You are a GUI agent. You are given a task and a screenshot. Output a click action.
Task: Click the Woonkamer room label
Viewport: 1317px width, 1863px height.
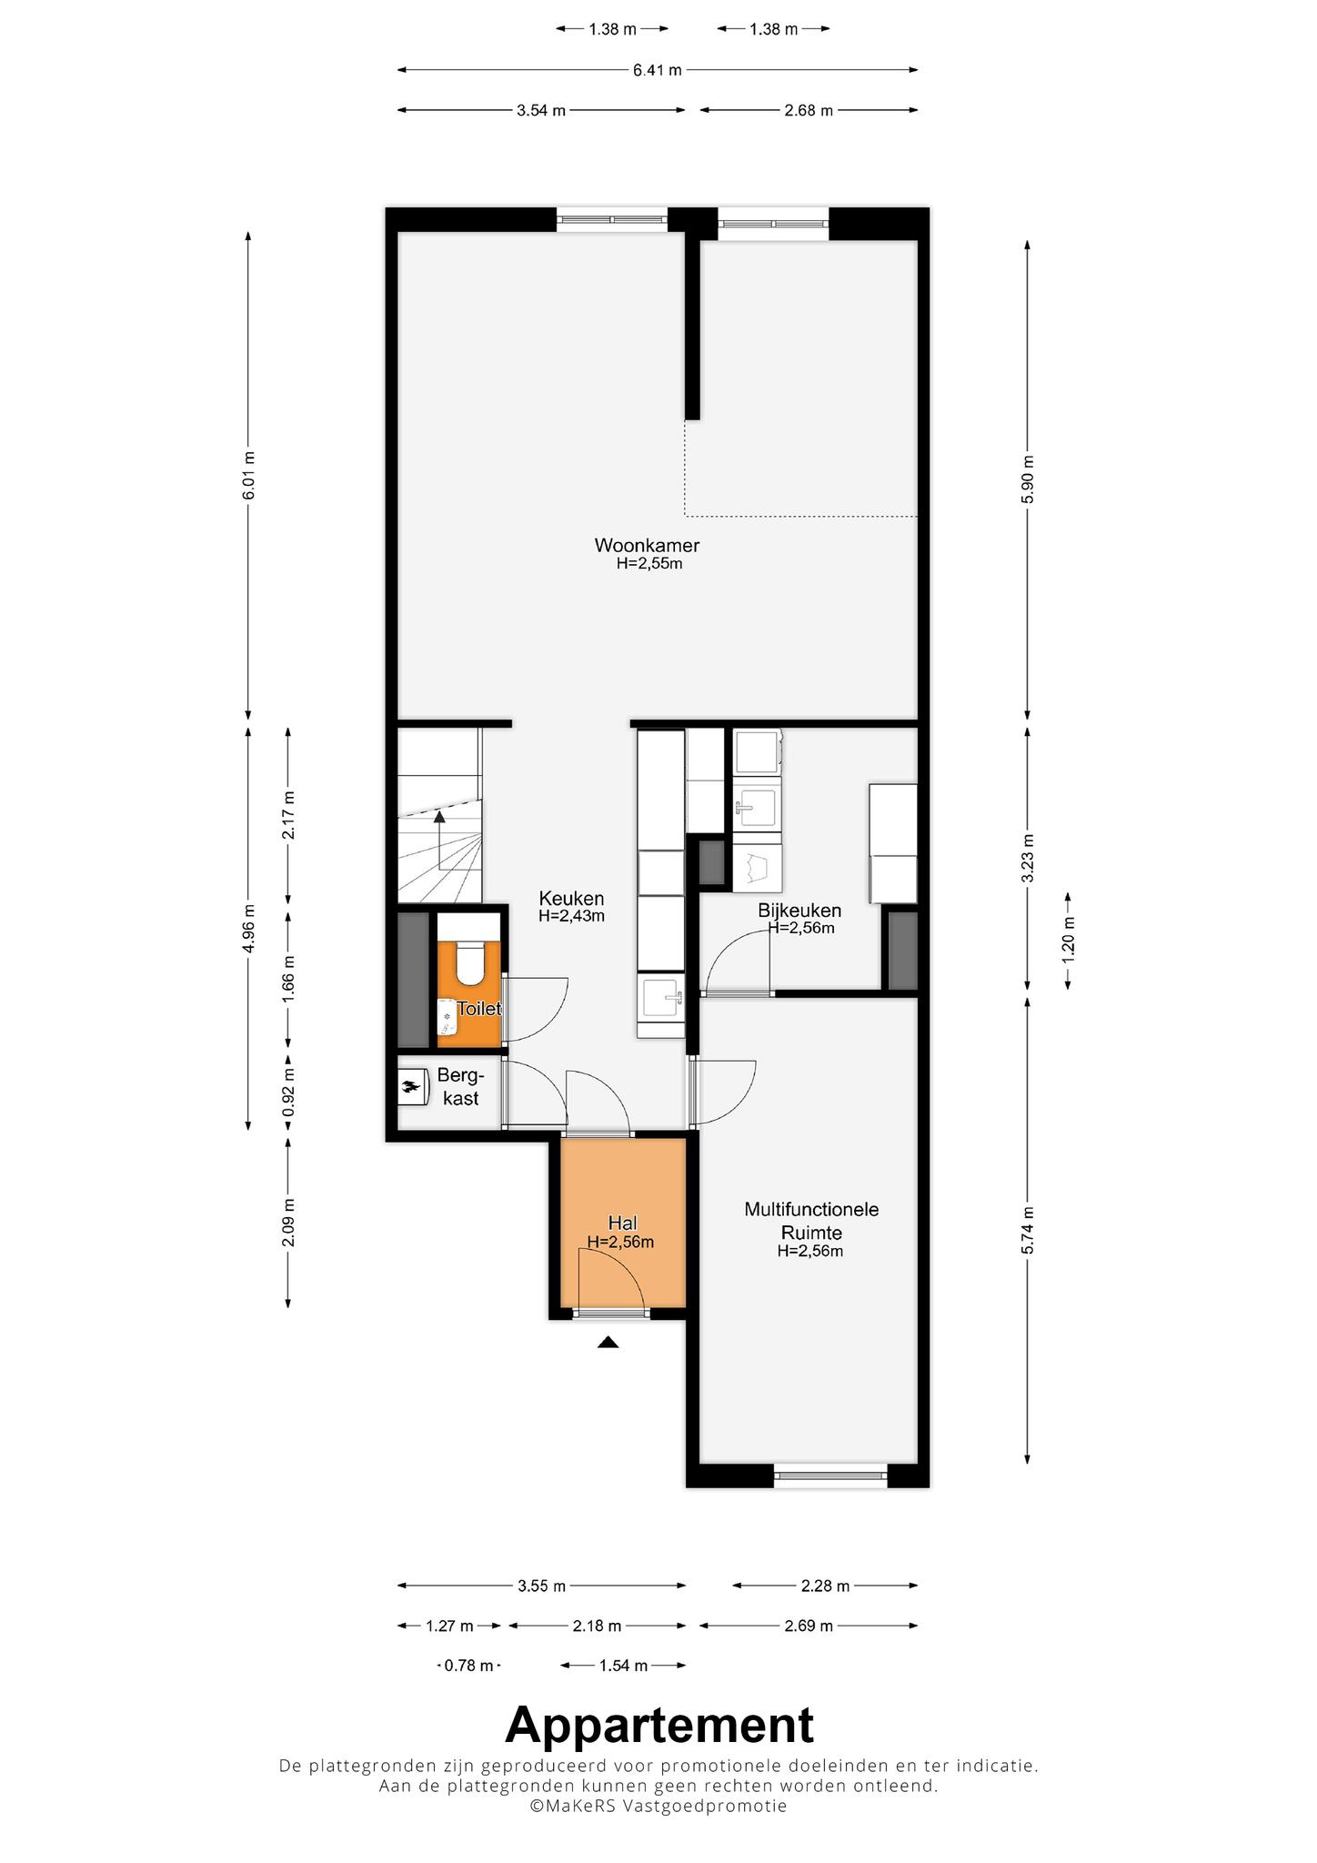(647, 546)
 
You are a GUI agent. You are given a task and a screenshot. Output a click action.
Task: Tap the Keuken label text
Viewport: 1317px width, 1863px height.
(571, 899)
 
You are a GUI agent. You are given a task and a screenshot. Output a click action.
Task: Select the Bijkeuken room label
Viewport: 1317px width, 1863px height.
(799, 911)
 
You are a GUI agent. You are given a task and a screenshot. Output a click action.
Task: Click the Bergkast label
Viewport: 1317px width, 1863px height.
(459, 1086)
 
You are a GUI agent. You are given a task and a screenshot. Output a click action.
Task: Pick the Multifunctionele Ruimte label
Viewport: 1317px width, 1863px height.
(811, 1221)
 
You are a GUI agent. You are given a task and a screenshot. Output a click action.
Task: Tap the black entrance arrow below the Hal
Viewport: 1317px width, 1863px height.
(608, 1342)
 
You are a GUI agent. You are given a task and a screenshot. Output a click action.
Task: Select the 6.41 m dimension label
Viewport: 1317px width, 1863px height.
(658, 69)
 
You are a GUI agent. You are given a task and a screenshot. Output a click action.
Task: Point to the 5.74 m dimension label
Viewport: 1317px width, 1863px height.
(1028, 1231)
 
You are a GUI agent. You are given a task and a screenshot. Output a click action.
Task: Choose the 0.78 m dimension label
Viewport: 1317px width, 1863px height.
(468, 1666)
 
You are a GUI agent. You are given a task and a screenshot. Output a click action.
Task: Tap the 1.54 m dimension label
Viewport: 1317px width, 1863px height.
(623, 1666)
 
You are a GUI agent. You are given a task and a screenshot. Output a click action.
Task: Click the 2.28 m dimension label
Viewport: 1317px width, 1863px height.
(825, 1586)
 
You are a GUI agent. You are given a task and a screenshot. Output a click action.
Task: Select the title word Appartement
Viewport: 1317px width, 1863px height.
(658, 1725)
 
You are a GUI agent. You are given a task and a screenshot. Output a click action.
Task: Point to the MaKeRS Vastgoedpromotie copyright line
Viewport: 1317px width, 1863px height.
(658, 1806)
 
